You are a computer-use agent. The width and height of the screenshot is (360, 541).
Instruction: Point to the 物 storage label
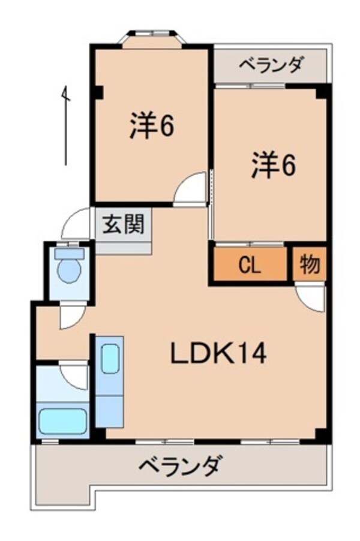[310, 264]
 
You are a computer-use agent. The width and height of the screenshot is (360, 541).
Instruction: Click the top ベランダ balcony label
[272, 64]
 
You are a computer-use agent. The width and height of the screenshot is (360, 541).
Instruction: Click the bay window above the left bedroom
[151, 38]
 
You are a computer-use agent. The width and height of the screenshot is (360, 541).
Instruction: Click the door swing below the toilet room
[71, 315]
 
